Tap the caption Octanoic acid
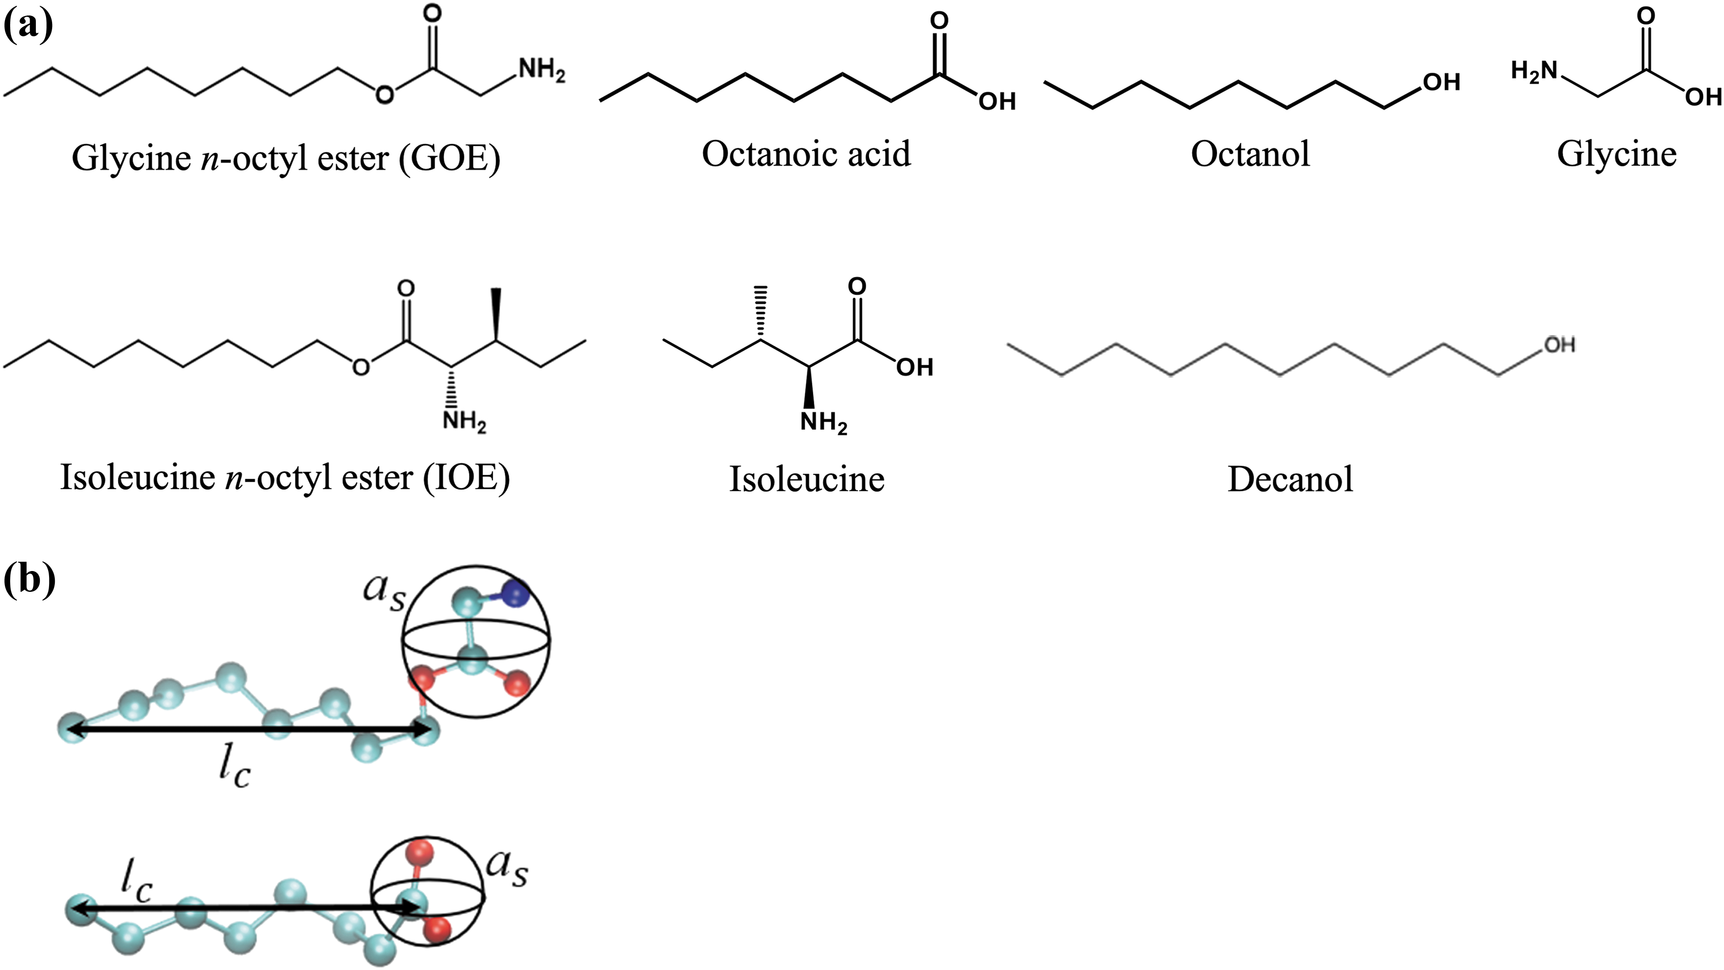(806, 154)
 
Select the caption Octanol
(1250, 154)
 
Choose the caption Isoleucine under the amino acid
(806, 479)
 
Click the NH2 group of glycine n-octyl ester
(542, 70)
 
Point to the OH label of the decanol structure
(1560, 345)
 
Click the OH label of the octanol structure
(1442, 82)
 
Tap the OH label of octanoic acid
(997, 101)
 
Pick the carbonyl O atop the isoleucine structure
(857, 287)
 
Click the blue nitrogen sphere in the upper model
(514, 594)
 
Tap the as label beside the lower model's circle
(507, 868)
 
